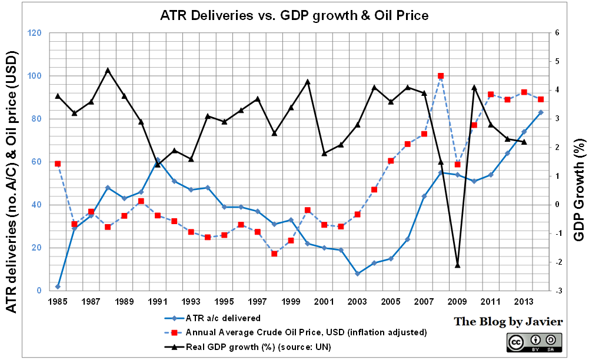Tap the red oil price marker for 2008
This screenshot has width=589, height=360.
[x=440, y=76]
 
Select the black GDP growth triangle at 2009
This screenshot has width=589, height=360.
[x=457, y=265]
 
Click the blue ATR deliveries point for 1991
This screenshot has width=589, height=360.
[x=158, y=159]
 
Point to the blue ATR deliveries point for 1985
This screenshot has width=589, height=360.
[x=58, y=286]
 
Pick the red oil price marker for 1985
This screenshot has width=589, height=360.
[x=58, y=164]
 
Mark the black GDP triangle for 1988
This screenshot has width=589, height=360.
[x=108, y=70]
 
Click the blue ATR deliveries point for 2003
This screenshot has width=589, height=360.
[x=357, y=274]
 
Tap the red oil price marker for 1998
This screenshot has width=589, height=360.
[x=274, y=254]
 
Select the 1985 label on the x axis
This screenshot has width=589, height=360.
[x=58, y=302]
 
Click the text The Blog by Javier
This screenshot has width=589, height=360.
[x=508, y=322]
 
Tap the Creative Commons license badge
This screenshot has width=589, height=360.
[x=534, y=342]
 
